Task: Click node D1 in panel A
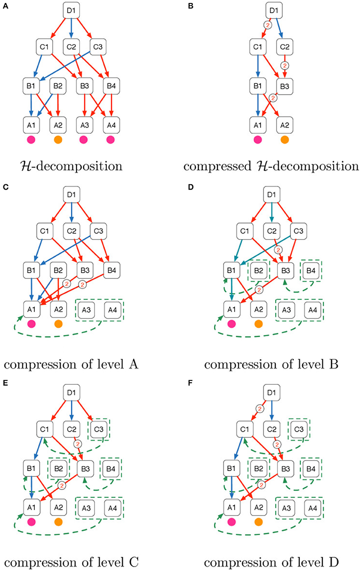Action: click(71, 11)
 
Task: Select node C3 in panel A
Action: click(97, 47)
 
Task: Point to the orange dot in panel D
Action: click(259, 324)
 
